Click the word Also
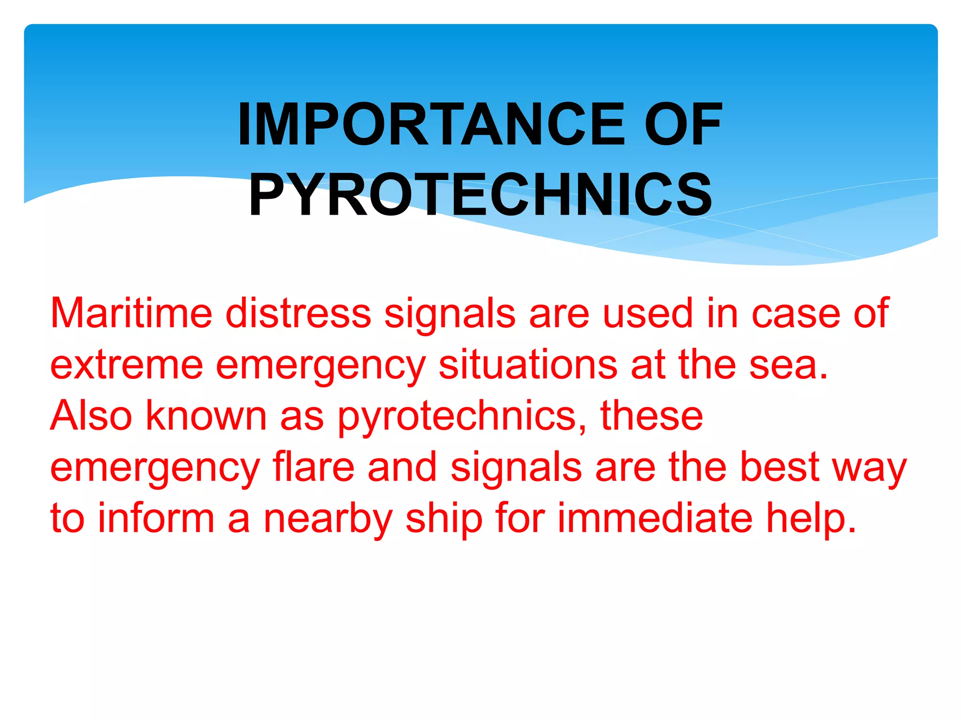pyautogui.click(x=91, y=416)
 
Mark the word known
pyautogui.click(x=206, y=416)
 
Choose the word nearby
pyautogui.click(x=328, y=519)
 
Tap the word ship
pyautogui.click(x=444, y=519)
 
